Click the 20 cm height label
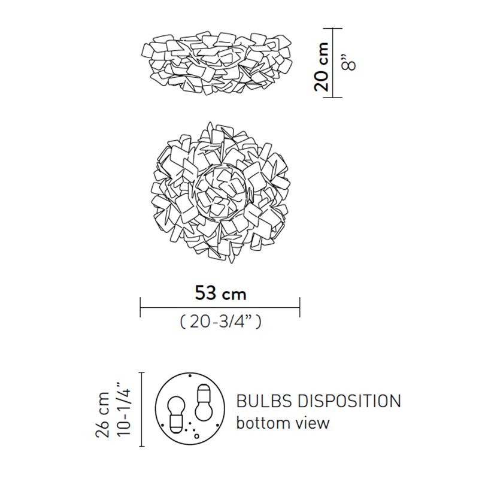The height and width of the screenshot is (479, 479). (x=322, y=67)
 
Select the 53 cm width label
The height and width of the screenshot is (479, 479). (x=220, y=293)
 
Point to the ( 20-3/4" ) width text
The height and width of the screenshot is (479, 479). (x=220, y=322)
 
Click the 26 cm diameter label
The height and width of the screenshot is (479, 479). (x=103, y=414)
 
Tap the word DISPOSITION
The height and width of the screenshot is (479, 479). (x=349, y=401)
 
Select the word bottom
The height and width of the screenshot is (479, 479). (x=263, y=423)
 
